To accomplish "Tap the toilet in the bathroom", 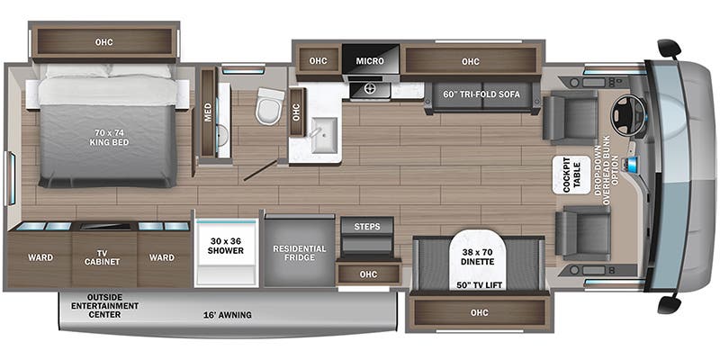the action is pyautogui.click(x=269, y=106).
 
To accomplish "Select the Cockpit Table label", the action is pyautogui.click(x=571, y=175).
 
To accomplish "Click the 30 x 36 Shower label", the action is pyautogui.click(x=226, y=246).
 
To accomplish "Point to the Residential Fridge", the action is pyautogui.click(x=300, y=253).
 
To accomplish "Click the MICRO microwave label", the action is pyautogui.click(x=370, y=60).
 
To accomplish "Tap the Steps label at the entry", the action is pyautogui.click(x=367, y=227).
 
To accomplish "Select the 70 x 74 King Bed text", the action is pyautogui.click(x=109, y=138).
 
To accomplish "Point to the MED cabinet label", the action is pyautogui.click(x=208, y=112).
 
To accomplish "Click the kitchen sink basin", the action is pyautogui.click(x=325, y=134).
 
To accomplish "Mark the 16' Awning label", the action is pyautogui.click(x=228, y=315).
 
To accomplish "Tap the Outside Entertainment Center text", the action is pyautogui.click(x=104, y=306).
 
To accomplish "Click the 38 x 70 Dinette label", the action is pyautogui.click(x=478, y=256).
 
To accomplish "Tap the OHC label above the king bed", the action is pyautogui.click(x=103, y=42).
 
